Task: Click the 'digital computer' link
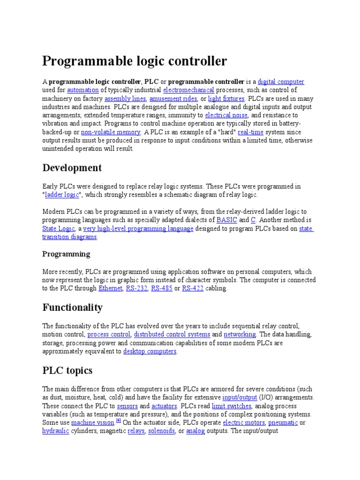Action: [281, 82]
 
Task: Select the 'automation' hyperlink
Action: [83, 90]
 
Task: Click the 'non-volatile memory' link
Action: [111, 132]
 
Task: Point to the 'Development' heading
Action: [72, 168]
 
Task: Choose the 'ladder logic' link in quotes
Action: [62, 195]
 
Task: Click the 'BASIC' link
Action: [227, 220]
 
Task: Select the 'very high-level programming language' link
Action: [138, 229]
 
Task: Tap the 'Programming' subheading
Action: [66, 254]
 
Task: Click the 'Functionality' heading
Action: [72, 307]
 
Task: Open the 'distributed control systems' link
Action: [172, 335]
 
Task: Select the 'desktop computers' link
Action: [150, 352]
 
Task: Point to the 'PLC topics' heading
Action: [67, 371]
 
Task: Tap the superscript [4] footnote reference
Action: [119, 421]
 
